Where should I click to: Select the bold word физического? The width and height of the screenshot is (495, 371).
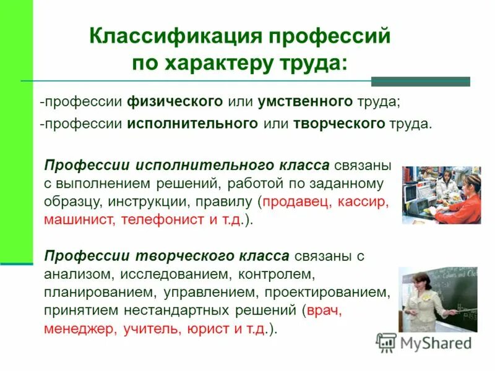[175, 101]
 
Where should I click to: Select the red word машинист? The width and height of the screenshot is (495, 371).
[76, 220]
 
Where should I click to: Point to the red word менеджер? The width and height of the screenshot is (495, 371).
[80, 329]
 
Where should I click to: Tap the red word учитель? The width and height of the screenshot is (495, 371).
[150, 329]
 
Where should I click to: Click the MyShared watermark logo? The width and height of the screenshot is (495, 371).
[424, 343]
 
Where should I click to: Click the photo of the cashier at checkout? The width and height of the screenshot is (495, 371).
[441, 195]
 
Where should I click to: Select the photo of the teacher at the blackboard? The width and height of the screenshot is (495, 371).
[437, 299]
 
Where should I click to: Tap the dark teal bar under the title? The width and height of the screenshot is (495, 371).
[420, 81]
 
